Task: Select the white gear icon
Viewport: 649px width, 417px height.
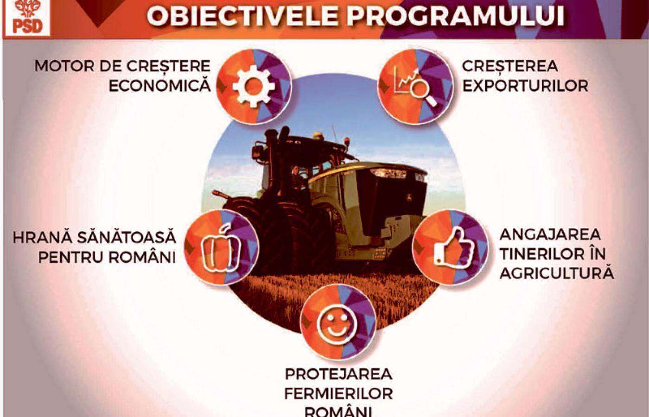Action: tap(254, 86)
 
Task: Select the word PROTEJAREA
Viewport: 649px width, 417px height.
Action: tap(338, 374)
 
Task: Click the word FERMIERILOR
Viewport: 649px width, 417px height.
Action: tap(338, 394)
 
